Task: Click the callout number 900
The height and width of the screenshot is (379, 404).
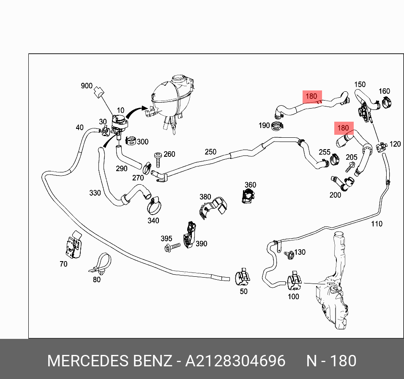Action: tap(86, 86)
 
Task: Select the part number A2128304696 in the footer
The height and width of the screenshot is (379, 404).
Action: tap(235, 361)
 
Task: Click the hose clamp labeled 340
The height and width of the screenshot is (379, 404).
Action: tap(155, 206)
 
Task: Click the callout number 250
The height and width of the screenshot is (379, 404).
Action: tap(210, 152)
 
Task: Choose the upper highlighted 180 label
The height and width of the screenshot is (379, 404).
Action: tap(311, 96)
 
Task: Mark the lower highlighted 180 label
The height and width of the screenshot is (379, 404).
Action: tap(343, 128)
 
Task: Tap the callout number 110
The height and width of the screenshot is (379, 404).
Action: tap(377, 224)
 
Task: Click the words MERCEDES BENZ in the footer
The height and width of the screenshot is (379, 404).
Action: tap(109, 361)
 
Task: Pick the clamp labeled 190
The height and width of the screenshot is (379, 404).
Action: tap(277, 125)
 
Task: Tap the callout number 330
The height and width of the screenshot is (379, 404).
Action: tap(95, 193)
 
